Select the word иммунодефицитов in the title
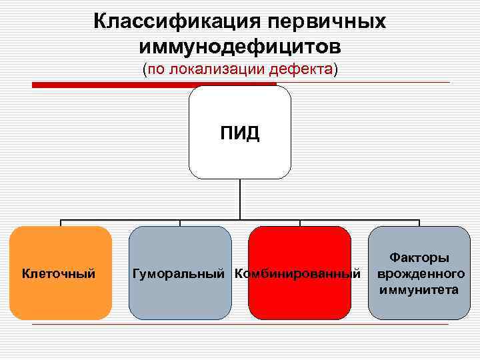tap(240, 47)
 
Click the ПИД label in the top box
tap(240, 133)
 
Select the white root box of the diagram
tap(240, 160)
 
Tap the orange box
tap(61, 300)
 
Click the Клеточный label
tap(59, 273)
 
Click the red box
tap(299, 303)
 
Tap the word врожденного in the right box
tap(420, 273)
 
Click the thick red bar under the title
tap(153, 84)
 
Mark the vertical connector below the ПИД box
tap(240, 200)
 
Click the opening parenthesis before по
tap(145, 69)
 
